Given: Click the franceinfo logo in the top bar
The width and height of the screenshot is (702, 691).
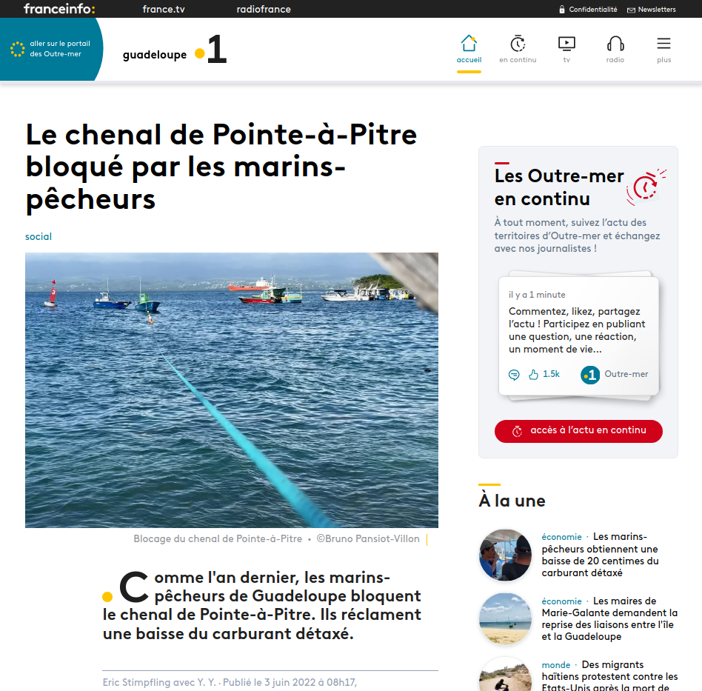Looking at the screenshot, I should tap(59, 9).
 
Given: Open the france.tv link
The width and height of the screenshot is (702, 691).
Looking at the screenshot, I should tap(164, 10).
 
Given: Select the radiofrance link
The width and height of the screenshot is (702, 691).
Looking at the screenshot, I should tap(264, 10).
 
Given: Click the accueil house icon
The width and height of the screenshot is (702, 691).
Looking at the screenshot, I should tap(469, 43).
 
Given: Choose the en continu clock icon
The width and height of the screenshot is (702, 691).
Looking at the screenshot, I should tap(518, 43).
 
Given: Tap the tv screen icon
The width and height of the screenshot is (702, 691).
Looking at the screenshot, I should tap(566, 43).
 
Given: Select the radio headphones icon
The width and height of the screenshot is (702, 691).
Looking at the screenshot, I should tap(615, 43).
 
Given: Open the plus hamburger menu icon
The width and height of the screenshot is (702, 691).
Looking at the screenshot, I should tap(663, 43).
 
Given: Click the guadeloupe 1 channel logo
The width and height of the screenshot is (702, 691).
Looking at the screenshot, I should tap(175, 52).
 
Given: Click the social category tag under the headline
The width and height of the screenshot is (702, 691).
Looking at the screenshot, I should tap(39, 237).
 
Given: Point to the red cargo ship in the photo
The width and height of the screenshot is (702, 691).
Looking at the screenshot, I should tap(249, 285).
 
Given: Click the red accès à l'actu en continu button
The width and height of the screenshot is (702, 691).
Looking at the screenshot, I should tap(578, 431).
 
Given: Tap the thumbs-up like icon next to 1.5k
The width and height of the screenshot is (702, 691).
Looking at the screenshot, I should tap(533, 375).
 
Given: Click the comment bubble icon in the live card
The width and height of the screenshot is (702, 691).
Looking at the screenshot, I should tap(514, 375).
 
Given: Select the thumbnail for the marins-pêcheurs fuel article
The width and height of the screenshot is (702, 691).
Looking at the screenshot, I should tap(505, 555).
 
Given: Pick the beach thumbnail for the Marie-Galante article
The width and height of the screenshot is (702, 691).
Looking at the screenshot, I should tap(505, 618).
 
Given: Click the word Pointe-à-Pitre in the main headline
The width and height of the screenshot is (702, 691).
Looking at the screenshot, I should tap(315, 135).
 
